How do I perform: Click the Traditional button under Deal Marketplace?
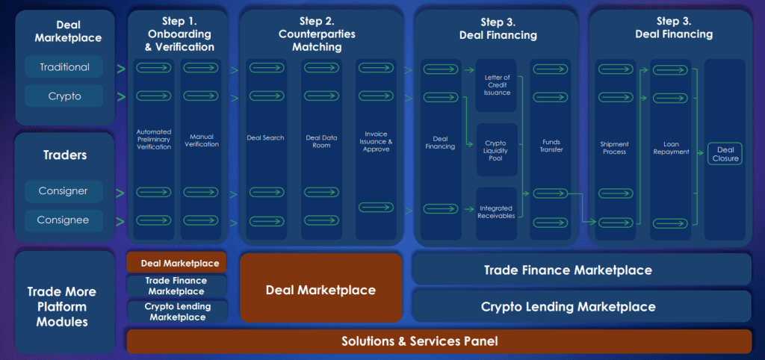[64, 67]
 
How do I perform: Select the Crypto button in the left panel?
[64, 96]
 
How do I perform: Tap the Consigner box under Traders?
[64, 191]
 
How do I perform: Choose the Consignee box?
[64, 220]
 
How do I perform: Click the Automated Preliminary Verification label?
[154, 140]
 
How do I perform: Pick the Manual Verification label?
[202, 140]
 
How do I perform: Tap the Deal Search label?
[265, 138]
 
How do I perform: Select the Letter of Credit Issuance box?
[498, 85]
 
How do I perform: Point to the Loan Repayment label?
[670, 148]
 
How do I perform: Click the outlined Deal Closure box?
[725, 153]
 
